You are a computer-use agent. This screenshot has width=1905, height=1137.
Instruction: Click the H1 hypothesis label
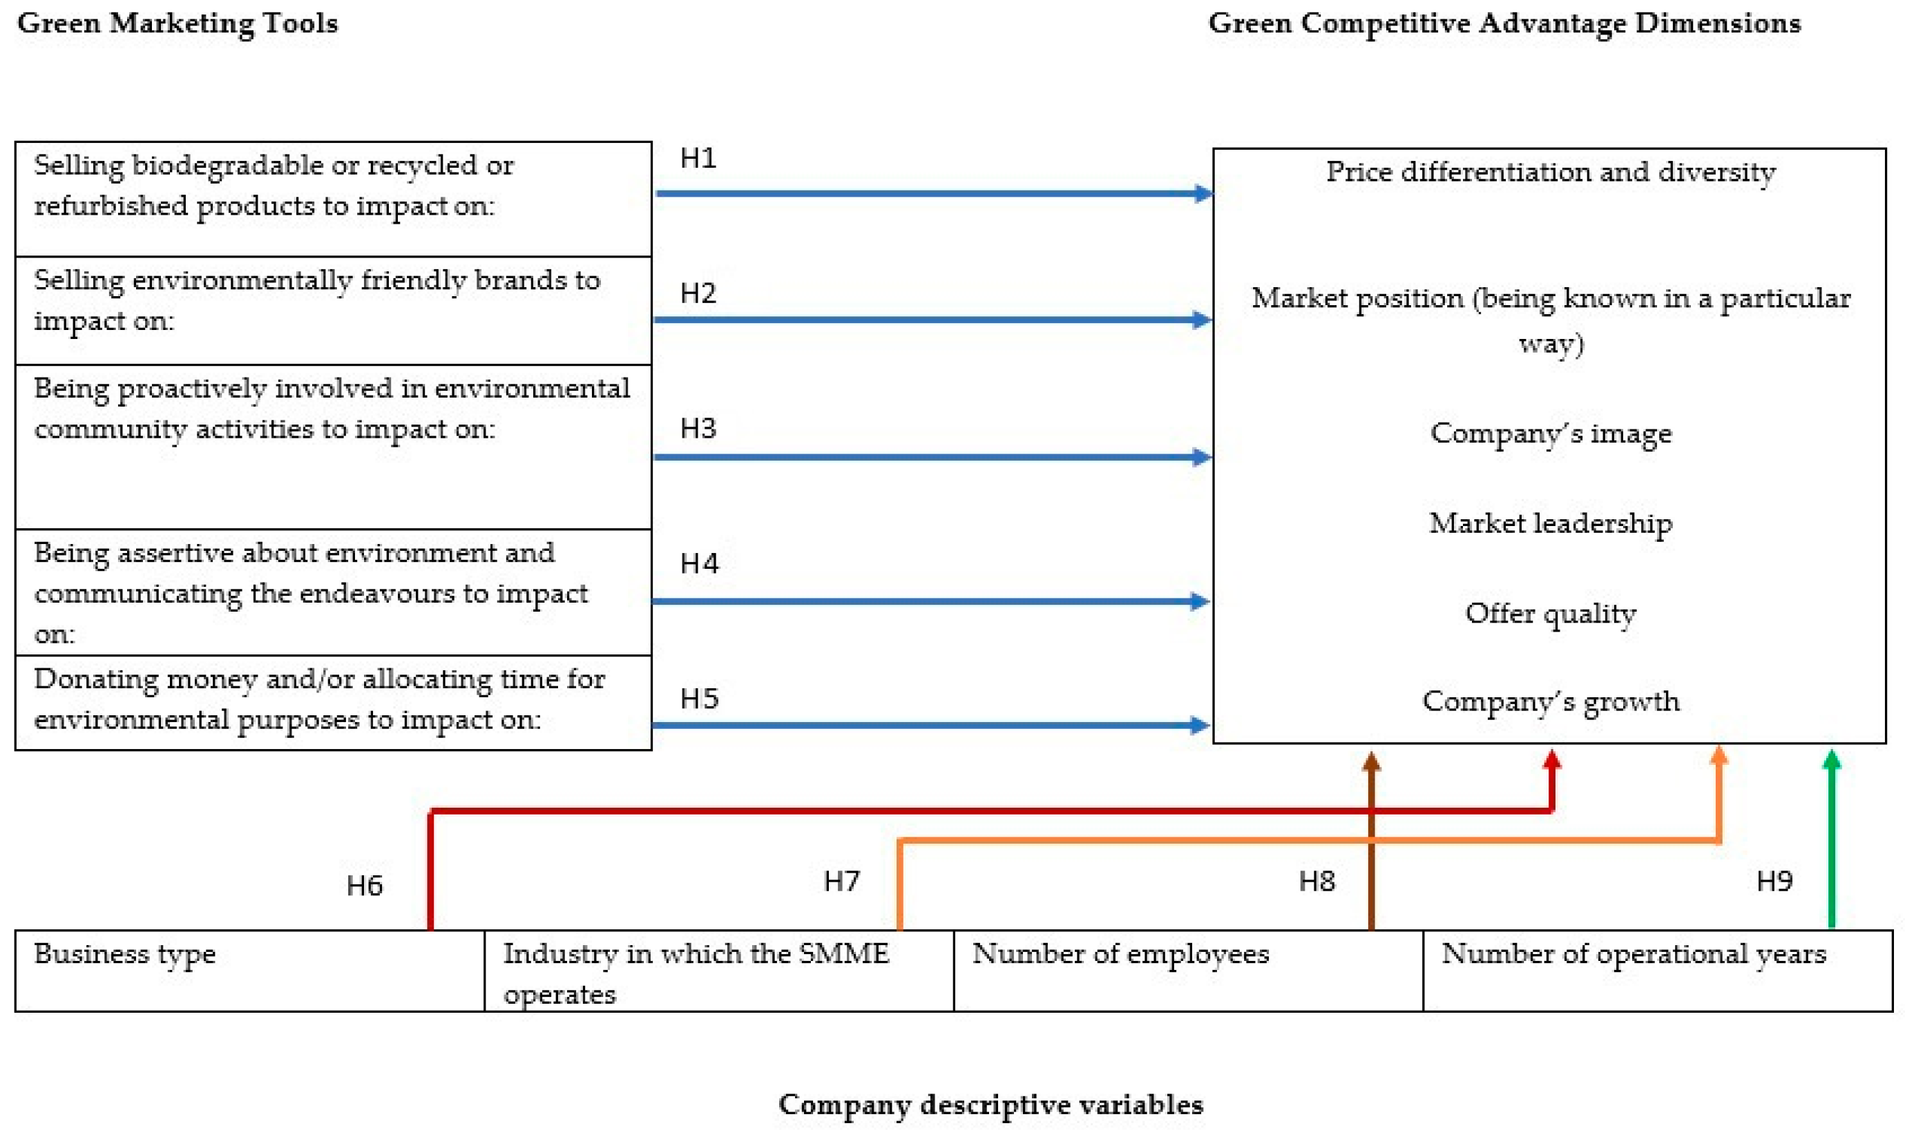pyautogui.click(x=698, y=159)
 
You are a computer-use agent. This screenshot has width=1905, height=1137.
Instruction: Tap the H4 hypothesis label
pyautogui.click(x=699, y=564)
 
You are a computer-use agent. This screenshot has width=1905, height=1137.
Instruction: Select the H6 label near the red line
pyautogui.click(x=364, y=886)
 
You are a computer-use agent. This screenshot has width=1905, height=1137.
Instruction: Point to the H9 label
pyautogui.click(x=1774, y=881)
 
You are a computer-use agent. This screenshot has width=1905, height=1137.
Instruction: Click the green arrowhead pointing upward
pyautogui.click(x=1831, y=760)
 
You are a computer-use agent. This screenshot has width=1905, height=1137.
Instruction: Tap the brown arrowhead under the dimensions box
pyautogui.click(x=1372, y=761)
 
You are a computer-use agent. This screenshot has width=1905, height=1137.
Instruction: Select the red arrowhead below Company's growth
pyautogui.click(x=1551, y=760)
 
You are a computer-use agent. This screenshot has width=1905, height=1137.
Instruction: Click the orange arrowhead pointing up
pyautogui.click(x=1719, y=757)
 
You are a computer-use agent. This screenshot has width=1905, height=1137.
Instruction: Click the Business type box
pyautogui.click(x=249, y=971)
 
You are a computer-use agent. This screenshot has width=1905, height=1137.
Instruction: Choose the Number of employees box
pyautogui.click(x=1188, y=971)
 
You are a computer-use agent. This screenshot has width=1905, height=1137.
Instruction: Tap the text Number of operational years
pyautogui.click(x=1634, y=954)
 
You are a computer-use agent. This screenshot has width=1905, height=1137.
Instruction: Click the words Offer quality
pyautogui.click(x=1550, y=614)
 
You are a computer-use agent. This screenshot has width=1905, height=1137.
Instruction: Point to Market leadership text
pyautogui.click(x=1550, y=523)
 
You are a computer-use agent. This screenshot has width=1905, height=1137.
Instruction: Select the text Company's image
pyautogui.click(x=1550, y=434)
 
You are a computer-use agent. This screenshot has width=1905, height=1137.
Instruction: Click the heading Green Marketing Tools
pyautogui.click(x=177, y=23)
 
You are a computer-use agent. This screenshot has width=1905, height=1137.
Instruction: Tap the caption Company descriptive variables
pyautogui.click(x=990, y=1104)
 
